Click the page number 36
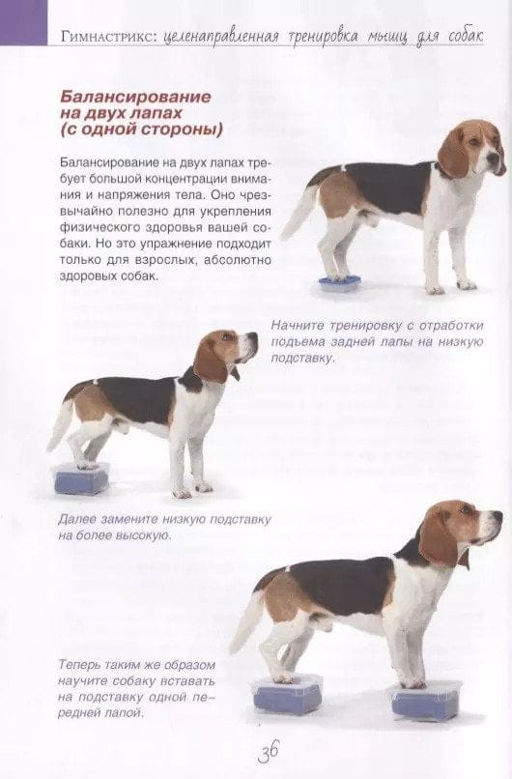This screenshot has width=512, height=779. point(269,751)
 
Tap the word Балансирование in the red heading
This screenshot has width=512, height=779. point(135,97)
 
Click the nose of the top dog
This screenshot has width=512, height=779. point(494,159)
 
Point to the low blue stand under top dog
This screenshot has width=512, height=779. point(340,284)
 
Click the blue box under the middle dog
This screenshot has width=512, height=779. point(80,479)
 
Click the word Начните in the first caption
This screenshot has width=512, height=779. point(297,326)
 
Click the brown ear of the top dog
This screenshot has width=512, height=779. point(454,152)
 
